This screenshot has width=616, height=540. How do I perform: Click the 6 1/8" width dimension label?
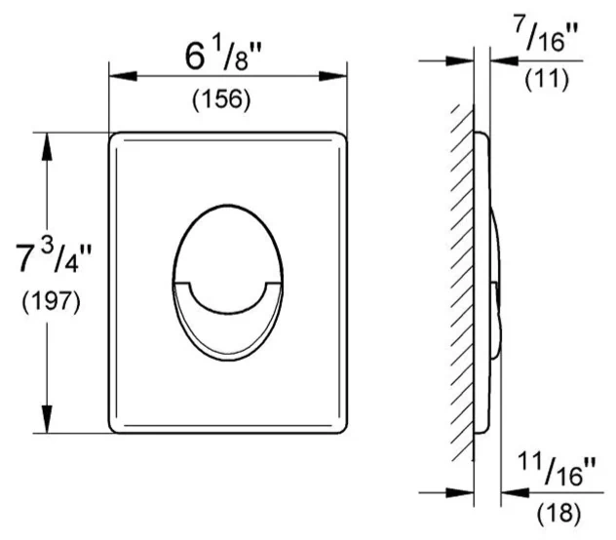click(x=223, y=57)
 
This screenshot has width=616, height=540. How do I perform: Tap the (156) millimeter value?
click(x=221, y=99)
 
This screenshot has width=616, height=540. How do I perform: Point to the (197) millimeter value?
click(x=51, y=302)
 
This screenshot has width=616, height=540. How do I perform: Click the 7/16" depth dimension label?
click(x=547, y=35)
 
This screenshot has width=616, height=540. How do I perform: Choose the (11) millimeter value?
click(x=547, y=79)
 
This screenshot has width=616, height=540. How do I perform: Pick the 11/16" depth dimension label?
click(x=558, y=469)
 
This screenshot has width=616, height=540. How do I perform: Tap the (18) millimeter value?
click(x=558, y=514)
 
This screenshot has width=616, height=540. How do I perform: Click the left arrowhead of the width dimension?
click(x=123, y=76)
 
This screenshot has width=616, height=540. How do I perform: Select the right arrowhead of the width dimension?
click(x=332, y=76)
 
